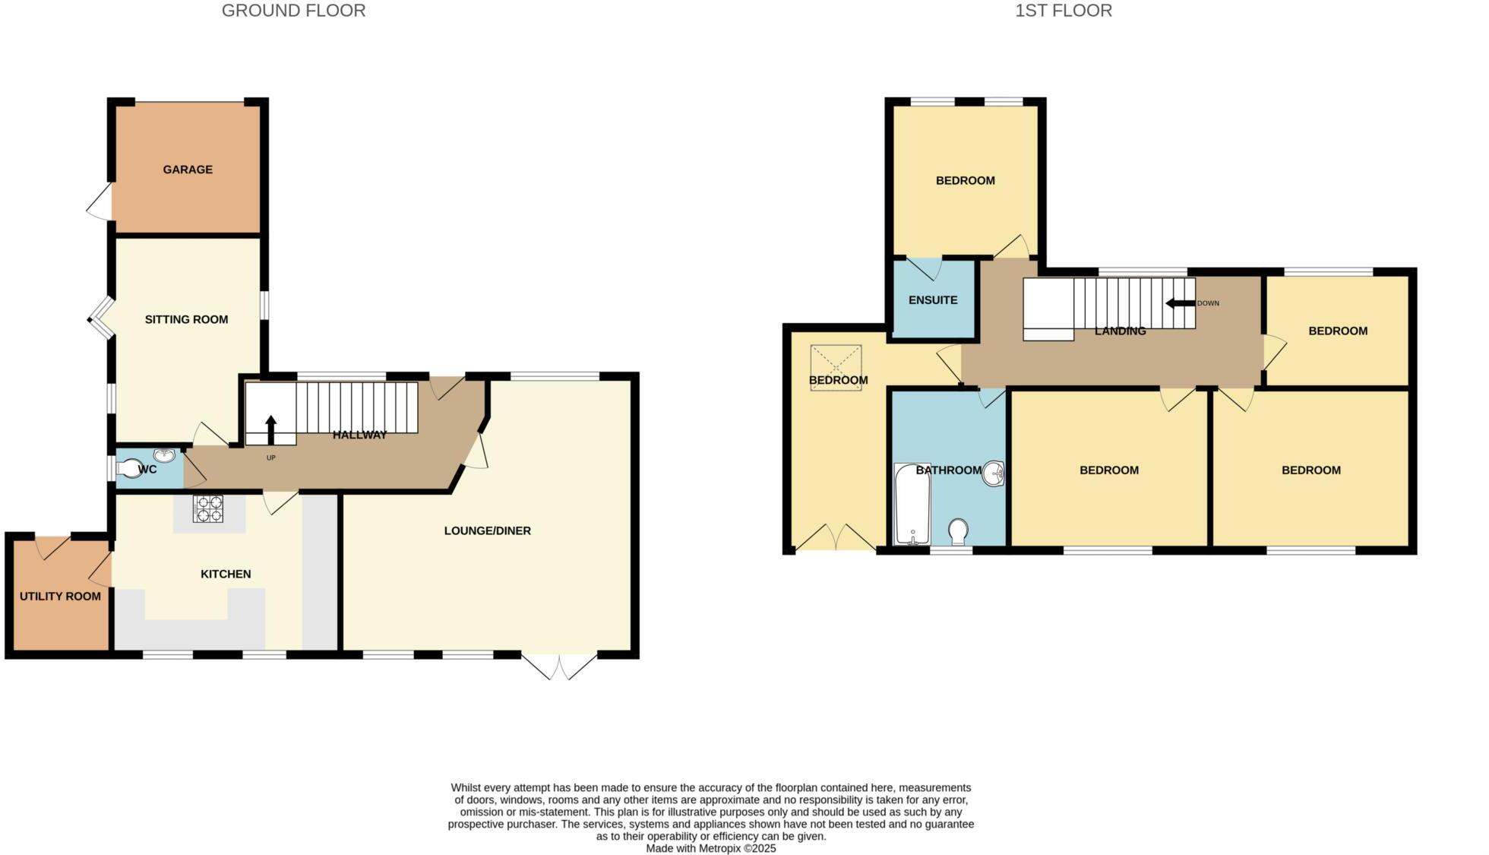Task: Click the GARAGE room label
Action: [188, 169]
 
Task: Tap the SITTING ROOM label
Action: [186, 319]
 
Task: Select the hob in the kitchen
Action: [209, 508]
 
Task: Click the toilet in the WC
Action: [129, 469]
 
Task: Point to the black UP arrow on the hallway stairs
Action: [270, 429]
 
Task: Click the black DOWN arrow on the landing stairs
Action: [1180, 303]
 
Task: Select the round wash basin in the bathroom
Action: [994, 474]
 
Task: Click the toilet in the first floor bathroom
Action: [959, 531]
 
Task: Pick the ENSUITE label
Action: [933, 300]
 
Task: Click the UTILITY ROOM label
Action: [60, 597]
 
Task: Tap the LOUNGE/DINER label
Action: [487, 530]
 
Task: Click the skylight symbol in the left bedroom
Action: [836, 368]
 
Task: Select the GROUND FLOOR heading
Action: [293, 11]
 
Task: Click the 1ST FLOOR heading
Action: [1063, 11]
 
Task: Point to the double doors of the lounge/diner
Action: [559, 666]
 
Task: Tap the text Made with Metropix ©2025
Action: [710, 848]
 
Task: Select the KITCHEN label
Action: [226, 574]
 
